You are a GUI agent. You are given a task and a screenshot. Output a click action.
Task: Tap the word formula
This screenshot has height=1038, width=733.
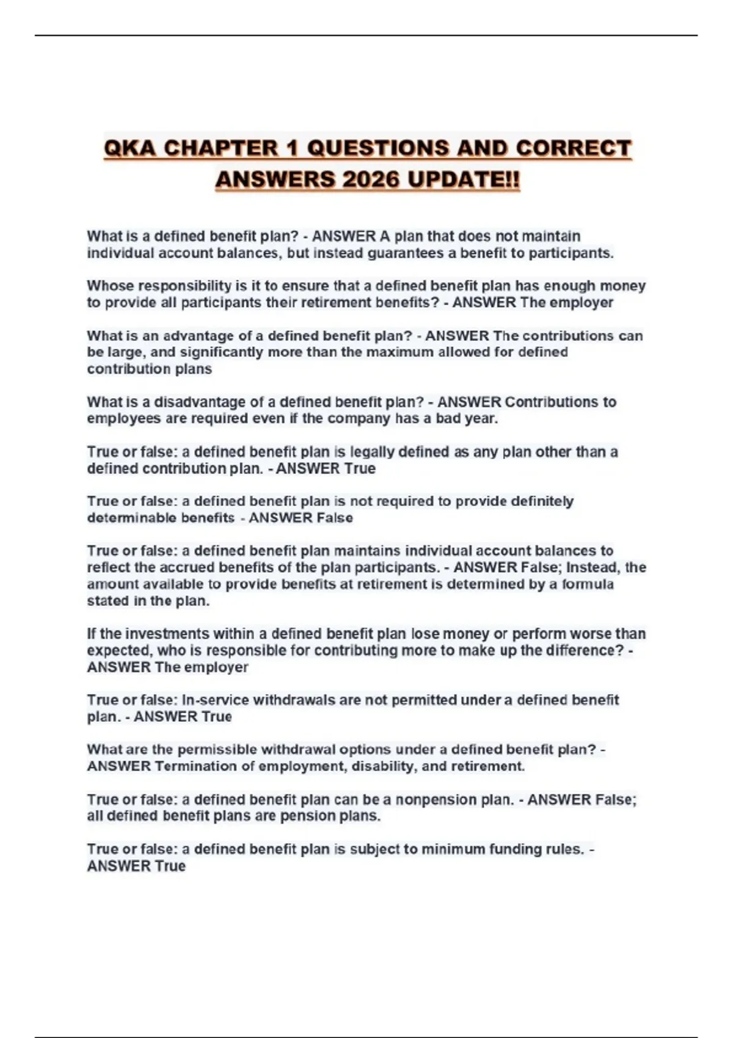pyautogui.click(x=588, y=584)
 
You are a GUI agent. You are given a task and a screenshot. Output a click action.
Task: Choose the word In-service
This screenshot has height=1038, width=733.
pyautogui.click(x=215, y=700)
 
